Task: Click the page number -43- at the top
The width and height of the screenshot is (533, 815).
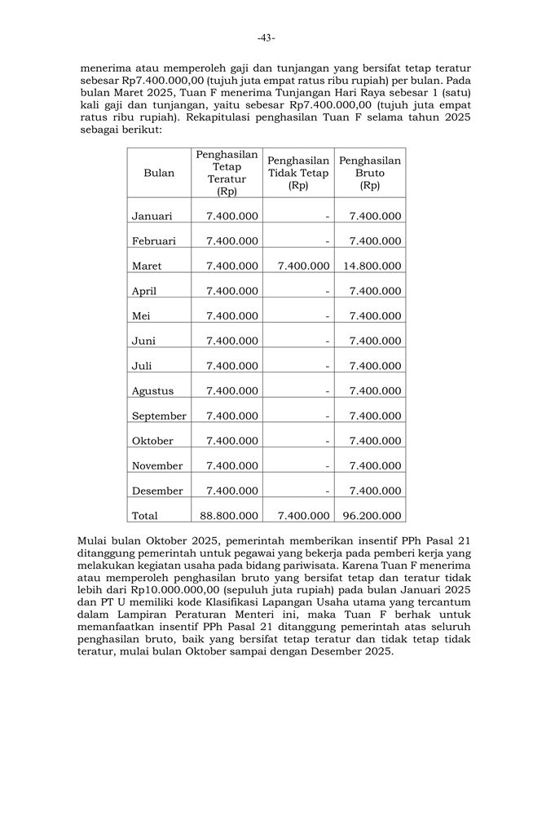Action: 266,37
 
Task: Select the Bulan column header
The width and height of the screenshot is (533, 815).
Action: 159,173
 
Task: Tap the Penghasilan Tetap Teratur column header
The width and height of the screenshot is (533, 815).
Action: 227,173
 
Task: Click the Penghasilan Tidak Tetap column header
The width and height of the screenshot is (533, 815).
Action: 298,173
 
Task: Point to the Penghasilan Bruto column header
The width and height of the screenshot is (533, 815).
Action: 370,173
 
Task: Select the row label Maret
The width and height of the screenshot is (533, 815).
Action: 147,266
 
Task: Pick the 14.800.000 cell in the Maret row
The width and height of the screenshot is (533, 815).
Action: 372,266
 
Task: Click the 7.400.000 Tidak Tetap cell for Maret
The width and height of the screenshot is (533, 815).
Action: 303,266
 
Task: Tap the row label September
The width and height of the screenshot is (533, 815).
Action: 159,416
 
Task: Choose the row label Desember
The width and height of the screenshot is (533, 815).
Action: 157,491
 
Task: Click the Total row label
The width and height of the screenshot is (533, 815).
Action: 145,516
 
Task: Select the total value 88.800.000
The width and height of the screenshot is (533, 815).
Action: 229,516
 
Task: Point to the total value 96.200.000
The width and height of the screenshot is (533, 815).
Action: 372,516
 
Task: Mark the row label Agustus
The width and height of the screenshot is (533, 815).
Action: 152,391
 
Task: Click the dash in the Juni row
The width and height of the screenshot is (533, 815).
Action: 327,341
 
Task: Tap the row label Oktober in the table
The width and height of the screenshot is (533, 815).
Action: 152,441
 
